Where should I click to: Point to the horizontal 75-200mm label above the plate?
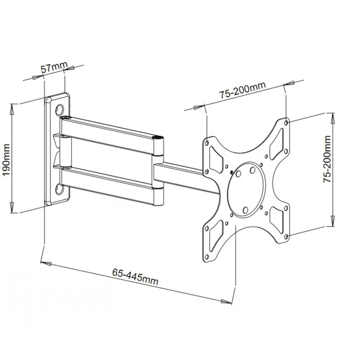242,92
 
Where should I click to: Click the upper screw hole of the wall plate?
60,110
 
